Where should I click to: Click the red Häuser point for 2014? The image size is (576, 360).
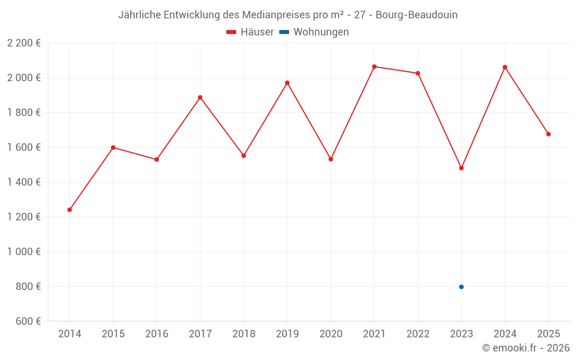pos(70,210)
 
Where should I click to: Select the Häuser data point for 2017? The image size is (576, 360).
pos(200,97)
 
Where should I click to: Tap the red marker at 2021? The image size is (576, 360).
pos(374,67)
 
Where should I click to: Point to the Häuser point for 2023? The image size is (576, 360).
pos(461,168)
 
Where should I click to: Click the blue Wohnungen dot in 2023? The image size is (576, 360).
pos(461,287)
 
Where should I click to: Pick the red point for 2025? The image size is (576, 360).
pos(548,134)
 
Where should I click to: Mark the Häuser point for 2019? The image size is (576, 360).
pos(287,83)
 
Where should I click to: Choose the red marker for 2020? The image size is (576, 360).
pos(331,159)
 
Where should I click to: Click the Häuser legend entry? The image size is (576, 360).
pos(250,32)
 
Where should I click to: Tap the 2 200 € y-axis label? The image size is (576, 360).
pos(24,43)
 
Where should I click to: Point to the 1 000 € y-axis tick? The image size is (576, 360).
pos(24,252)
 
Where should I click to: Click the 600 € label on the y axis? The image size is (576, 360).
pos(28,321)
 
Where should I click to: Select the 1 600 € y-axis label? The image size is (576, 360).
pos(24,147)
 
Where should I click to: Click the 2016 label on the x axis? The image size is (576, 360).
pos(157,334)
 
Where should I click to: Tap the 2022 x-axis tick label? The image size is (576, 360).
pos(418,334)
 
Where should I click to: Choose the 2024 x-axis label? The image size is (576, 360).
pos(505,334)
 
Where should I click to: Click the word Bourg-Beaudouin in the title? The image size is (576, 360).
pos(416,15)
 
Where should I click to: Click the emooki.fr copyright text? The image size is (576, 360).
pos(526,348)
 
